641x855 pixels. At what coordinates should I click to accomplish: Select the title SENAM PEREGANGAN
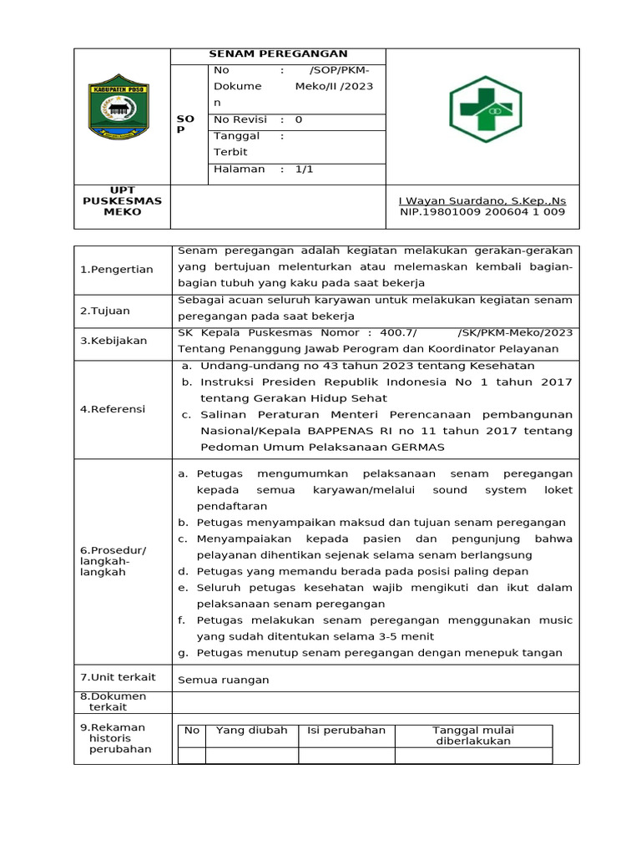[x=278, y=53]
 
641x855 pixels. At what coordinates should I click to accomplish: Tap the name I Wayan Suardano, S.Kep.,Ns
[x=482, y=201]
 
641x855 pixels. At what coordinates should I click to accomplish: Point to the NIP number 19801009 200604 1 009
[x=482, y=212]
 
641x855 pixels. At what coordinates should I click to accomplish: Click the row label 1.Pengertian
[x=117, y=269]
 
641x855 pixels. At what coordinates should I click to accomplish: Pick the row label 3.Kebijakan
[x=114, y=341]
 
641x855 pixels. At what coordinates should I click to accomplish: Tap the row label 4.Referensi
[x=113, y=409]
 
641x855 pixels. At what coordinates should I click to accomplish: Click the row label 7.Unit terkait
[x=118, y=677]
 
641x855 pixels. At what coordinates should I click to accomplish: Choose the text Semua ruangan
[x=224, y=680]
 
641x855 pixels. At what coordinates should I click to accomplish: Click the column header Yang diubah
[x=251, y=731]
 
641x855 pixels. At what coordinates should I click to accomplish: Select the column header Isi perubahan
[x=346, y=731]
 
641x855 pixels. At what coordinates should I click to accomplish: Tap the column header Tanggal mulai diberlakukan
[x=472, y=736]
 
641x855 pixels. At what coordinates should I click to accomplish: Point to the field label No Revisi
[x=240, y=119]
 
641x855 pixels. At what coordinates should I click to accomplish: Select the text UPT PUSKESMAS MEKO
[x=123, y=202]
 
